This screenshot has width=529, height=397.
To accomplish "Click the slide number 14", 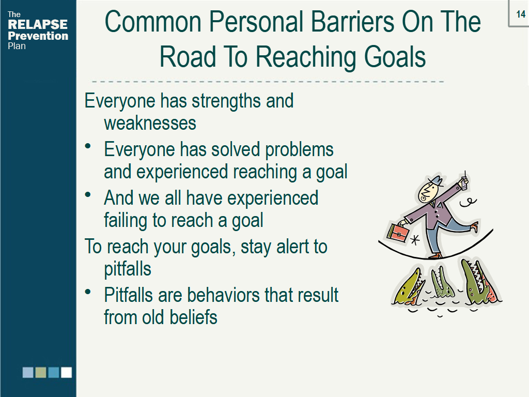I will coord(520,14).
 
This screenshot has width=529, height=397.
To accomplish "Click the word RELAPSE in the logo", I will coord(38,25).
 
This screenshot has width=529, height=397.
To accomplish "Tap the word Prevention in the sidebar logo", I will coord(38,36).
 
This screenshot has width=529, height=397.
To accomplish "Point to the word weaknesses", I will coord(150,123).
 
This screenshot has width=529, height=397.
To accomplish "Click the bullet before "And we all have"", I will coord(89,195).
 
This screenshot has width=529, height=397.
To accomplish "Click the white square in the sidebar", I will coord(66,372).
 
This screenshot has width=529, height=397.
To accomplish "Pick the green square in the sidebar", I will coord(41,372).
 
